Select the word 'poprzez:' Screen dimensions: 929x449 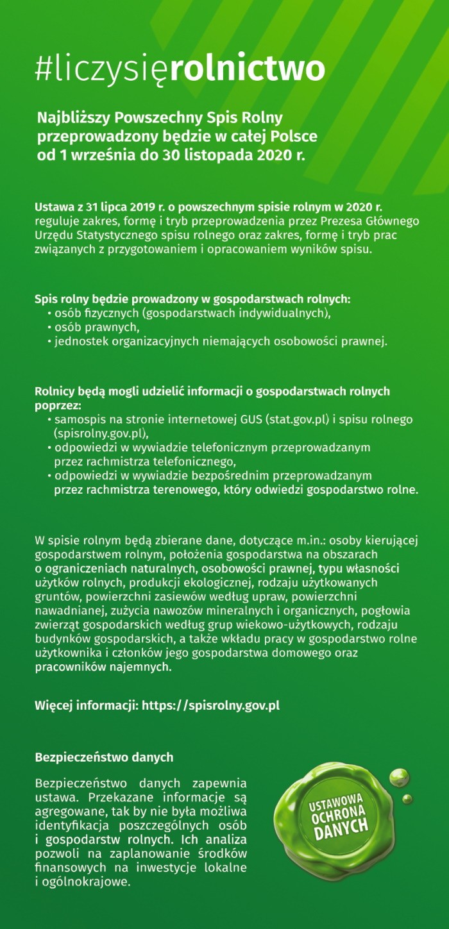58,406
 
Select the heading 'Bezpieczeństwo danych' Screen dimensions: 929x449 104,757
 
